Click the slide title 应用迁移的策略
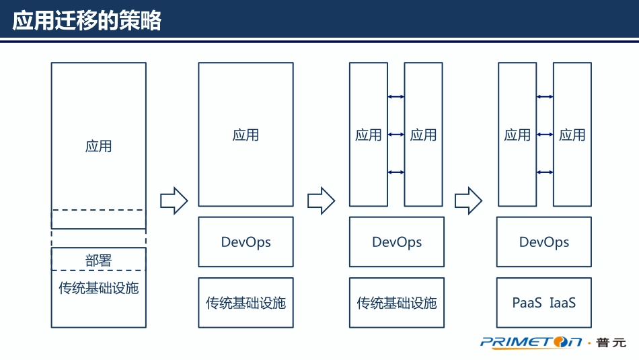[87, 21]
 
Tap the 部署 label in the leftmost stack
[98, 260]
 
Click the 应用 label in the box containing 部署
[98, 146]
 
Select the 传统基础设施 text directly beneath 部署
[98, 288]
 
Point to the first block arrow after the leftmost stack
[174, 201]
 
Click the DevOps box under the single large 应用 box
[246, 242]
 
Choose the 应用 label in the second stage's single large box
[246, 135]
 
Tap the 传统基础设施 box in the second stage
[246, 303]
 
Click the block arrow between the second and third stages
[321, 201]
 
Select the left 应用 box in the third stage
[369, 135]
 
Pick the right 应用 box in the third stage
[423, 135]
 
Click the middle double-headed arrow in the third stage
[396, 135]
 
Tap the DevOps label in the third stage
[397, 242]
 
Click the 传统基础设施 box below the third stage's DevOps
[397, 303]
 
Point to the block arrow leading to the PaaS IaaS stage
[468, 201]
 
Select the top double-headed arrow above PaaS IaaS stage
[545, 97]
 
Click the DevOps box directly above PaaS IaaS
[544, 242]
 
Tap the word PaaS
[527, 303]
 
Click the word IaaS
[563, 303]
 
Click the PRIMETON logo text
[531, 343]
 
